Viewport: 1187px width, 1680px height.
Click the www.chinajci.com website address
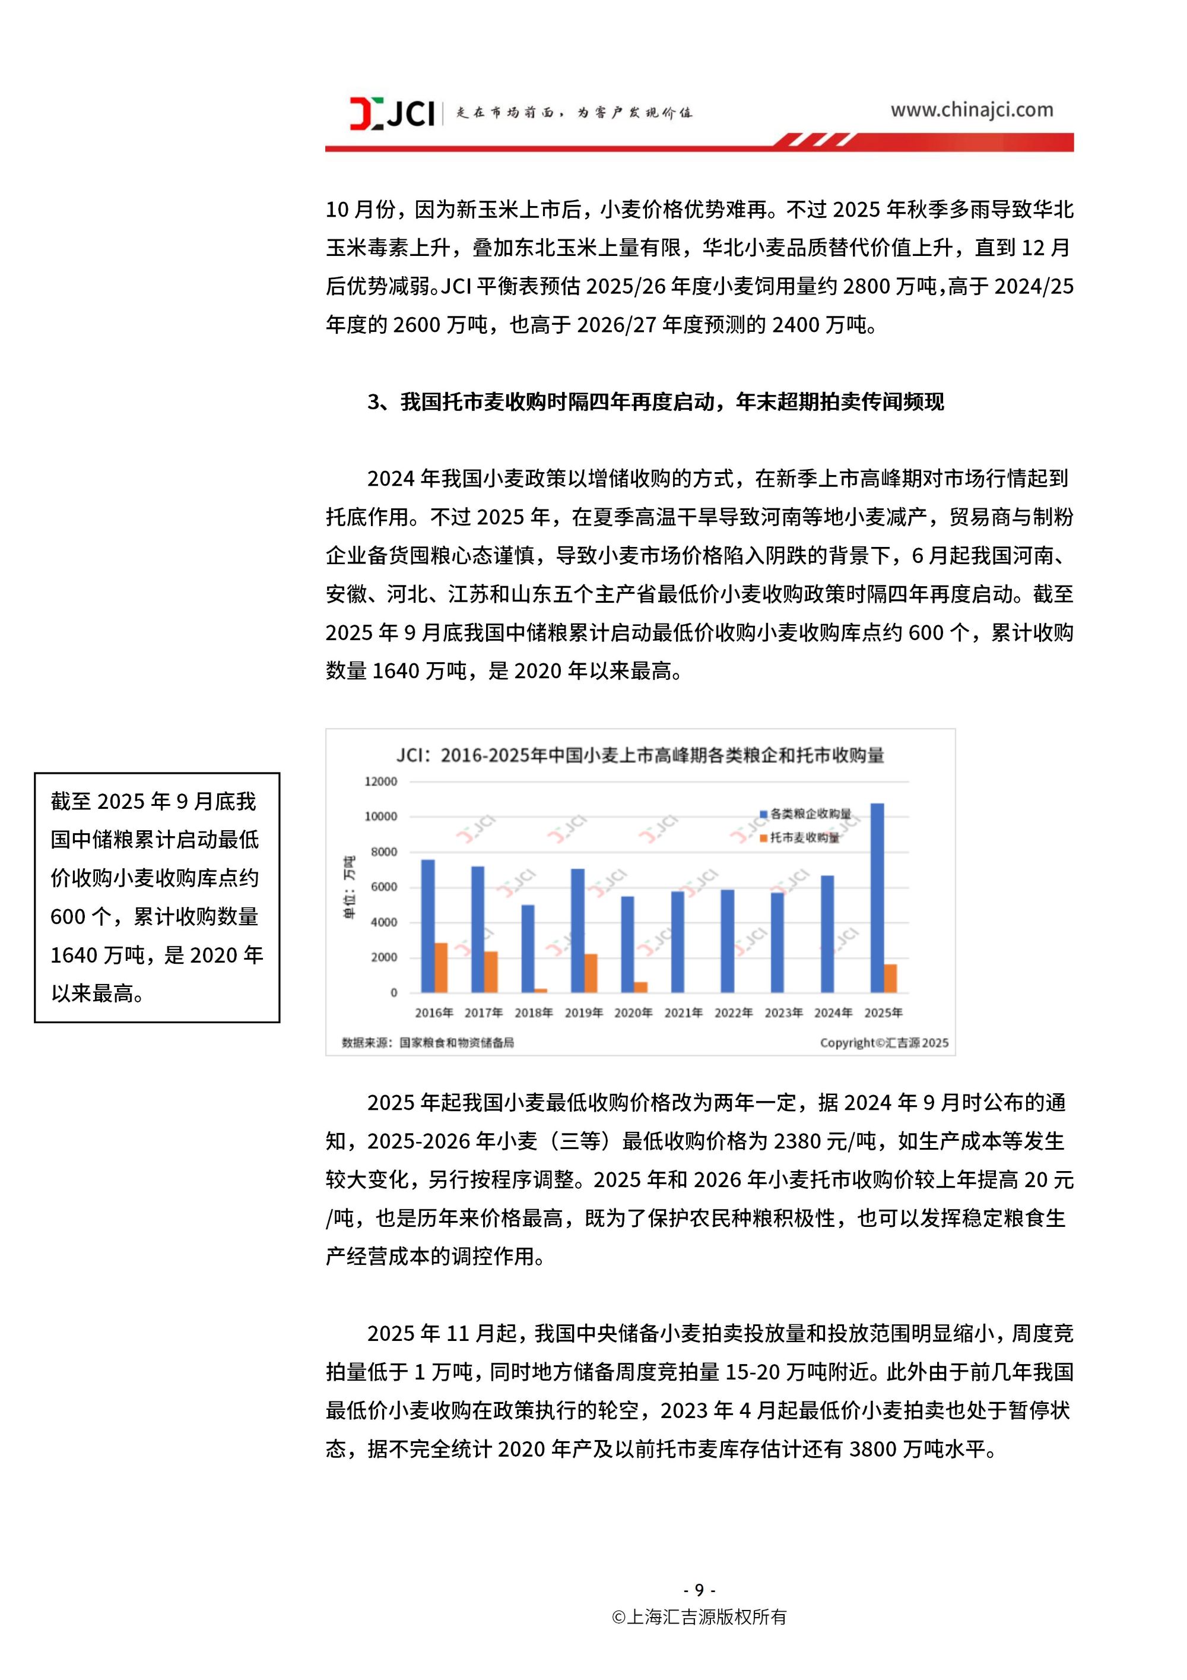click(971, 110)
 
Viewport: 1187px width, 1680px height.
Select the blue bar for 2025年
click(877, 898)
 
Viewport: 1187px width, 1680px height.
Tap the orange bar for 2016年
click(441, 967)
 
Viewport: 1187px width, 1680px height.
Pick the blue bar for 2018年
click(528, 948)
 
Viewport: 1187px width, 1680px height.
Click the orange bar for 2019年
click(591, 973)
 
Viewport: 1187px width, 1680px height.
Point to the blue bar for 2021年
click(677, 942)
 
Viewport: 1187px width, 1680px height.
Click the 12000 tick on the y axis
click(380, 782)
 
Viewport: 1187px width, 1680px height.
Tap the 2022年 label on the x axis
click(733, 1013)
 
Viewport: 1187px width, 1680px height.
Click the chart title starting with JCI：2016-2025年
click(640, 755)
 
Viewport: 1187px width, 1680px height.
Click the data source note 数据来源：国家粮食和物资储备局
click(428, 1042)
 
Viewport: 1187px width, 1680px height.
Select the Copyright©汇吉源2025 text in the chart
click(884, 1043)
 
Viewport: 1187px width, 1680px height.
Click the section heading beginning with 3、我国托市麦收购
click(655, 401)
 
